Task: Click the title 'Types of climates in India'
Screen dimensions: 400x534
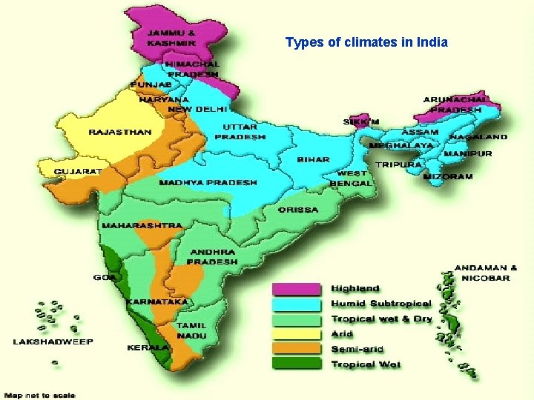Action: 366,42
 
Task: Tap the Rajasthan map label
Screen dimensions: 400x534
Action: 120,133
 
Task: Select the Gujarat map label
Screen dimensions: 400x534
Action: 78,171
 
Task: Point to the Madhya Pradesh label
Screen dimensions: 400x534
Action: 208,182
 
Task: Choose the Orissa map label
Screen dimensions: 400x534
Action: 298,210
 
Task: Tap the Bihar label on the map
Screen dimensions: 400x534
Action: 314,159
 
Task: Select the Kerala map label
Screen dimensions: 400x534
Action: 148,347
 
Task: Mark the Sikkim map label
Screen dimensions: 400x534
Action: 361,121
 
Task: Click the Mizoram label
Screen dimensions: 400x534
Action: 447,177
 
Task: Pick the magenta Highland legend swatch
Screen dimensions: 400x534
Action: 296,288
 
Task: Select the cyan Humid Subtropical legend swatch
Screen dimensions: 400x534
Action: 296,304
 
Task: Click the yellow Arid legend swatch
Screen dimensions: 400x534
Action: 296,334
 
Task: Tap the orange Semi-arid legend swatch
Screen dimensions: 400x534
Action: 296,349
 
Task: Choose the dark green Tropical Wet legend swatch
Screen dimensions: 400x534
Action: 296,364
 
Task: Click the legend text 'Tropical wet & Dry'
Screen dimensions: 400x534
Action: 381,319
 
